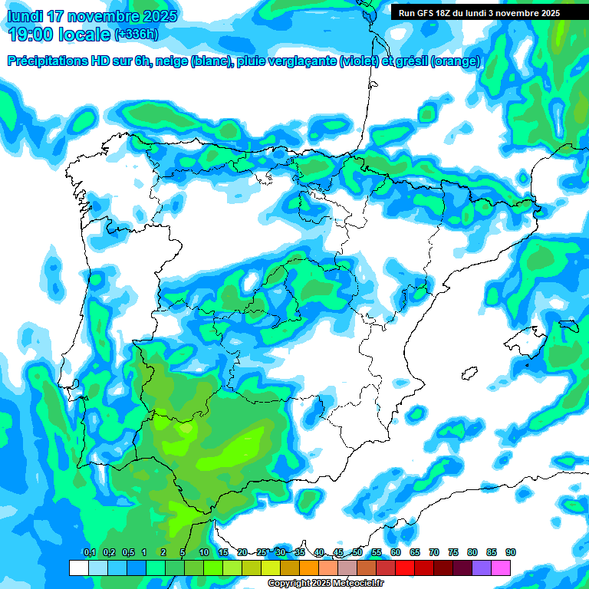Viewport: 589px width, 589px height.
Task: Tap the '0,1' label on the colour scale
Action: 89,553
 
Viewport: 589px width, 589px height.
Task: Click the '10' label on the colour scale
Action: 204,553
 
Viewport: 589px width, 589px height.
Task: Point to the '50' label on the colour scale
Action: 357,553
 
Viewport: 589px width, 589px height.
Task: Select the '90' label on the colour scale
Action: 511,553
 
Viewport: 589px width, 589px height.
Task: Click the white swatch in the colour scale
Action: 78,568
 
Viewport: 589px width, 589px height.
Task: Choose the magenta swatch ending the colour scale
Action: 501,568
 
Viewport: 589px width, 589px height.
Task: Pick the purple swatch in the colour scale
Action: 482,568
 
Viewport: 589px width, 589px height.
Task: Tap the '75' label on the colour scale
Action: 453,553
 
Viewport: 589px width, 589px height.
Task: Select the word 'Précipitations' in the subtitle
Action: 54,61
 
